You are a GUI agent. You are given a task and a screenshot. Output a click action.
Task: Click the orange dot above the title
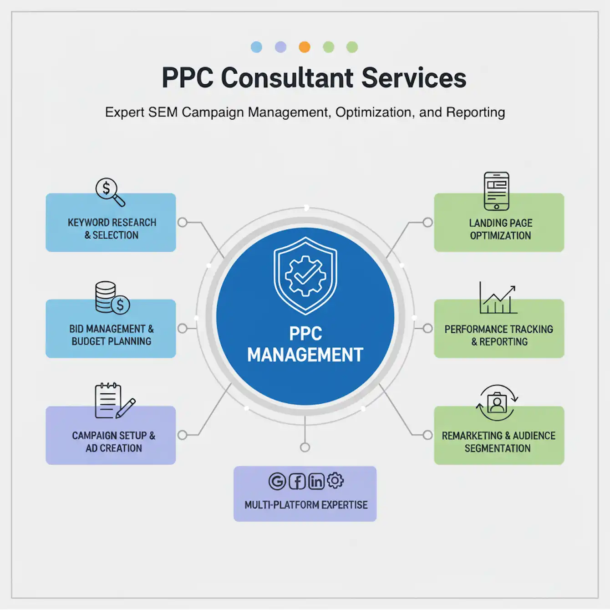(x=305, y=47)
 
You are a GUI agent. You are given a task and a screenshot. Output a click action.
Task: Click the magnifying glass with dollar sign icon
(x=110, y=191)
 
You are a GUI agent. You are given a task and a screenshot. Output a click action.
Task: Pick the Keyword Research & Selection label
(x=112, y=229)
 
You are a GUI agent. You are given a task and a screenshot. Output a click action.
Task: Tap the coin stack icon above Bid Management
(x=112, y=298)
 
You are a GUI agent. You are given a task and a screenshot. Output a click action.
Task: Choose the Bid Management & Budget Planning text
(x=112, y=335)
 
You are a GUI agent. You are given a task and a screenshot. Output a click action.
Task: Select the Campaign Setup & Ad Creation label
(x=113, y=442)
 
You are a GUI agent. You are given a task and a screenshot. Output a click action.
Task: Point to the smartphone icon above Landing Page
(x=496, y=191)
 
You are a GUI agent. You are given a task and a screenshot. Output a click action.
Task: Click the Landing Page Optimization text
(x=500, y=229)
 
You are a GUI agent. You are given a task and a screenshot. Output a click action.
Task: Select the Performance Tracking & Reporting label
(x=499, y=335)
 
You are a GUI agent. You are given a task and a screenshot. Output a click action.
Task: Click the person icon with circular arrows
(x=497, y=403)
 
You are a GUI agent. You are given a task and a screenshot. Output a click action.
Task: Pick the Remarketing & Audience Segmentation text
(x=498, y=442)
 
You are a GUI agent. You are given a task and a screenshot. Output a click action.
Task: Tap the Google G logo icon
(x=277, y=481)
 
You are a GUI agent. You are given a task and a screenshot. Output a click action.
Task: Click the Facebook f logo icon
(x=297, y=481)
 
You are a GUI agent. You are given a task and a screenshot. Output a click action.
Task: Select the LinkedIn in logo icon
(x=316, y=481)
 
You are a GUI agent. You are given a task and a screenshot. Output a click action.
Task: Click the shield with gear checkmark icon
(x=305, y=275)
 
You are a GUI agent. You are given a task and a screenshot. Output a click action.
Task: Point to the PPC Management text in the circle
(x=305, y=345)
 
